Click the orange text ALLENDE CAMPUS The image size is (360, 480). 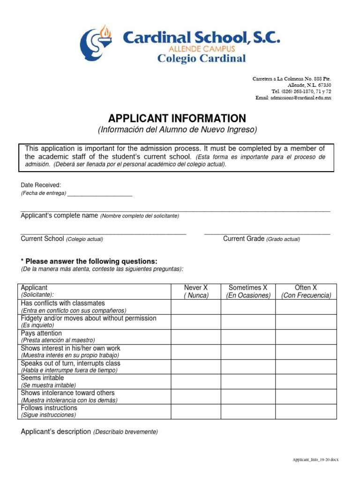202,48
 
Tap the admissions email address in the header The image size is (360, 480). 293,97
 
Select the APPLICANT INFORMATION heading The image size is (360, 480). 177,118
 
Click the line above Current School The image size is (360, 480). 104,233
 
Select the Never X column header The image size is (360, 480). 196,291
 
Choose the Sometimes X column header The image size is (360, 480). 248,291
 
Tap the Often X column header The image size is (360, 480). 306,291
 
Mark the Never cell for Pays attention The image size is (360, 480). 196,337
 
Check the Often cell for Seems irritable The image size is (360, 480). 306,381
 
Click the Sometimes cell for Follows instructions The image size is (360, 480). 248,411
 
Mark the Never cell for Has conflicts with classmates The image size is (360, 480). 196,307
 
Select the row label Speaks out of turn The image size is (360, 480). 70,364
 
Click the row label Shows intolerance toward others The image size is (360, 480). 67,393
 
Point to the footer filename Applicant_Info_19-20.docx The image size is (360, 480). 312,460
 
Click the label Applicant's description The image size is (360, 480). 56,431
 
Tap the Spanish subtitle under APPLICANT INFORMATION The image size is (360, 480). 177,129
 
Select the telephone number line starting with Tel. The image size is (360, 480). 301,91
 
